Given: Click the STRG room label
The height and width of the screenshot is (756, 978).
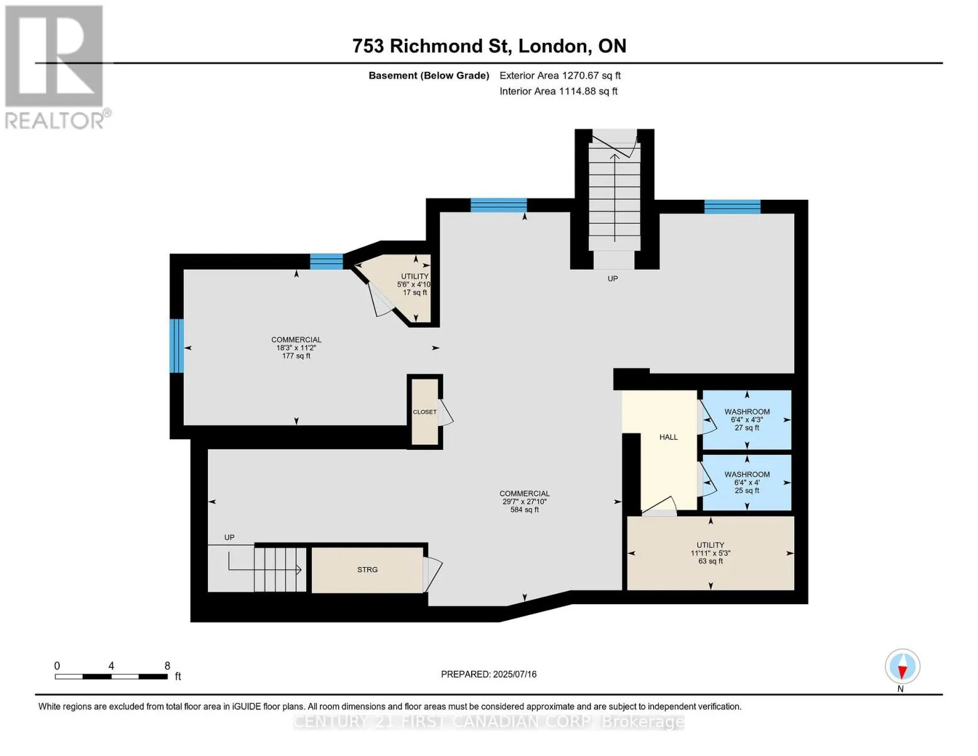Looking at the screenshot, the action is (367, 570).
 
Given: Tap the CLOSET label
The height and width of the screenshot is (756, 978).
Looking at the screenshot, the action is (424, 412).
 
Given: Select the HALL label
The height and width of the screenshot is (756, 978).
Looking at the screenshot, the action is (668, 437).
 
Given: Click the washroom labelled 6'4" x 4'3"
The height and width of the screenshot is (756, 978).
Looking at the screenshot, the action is (747, 420).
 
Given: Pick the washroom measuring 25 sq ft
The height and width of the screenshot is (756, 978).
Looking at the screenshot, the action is (747, 482).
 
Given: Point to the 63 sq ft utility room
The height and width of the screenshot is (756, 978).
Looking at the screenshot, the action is (710, 553).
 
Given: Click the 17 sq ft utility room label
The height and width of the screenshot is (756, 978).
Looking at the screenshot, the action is (414, 284).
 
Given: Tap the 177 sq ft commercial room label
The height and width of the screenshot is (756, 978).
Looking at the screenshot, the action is (296, 348).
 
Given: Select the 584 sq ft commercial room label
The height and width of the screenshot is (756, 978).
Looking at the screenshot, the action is (525, 501).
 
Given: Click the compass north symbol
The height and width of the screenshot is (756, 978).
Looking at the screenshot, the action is (902, 667).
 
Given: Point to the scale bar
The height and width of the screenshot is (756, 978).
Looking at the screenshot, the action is (111, 676).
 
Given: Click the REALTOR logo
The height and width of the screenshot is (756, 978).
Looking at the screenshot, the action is (55, 67).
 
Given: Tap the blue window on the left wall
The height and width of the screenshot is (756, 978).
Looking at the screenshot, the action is (176, 346).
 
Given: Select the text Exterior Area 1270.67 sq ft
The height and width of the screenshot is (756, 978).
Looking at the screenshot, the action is (560, 76).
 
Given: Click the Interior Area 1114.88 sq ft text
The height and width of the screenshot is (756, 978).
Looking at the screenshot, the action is (558, 91).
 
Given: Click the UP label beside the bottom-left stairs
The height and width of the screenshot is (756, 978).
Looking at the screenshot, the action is (229, 537).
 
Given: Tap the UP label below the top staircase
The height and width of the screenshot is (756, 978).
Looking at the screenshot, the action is (613, 278).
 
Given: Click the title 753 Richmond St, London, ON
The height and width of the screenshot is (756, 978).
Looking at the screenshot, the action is (489, 46).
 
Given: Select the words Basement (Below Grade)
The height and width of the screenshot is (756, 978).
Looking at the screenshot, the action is (428, 76).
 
